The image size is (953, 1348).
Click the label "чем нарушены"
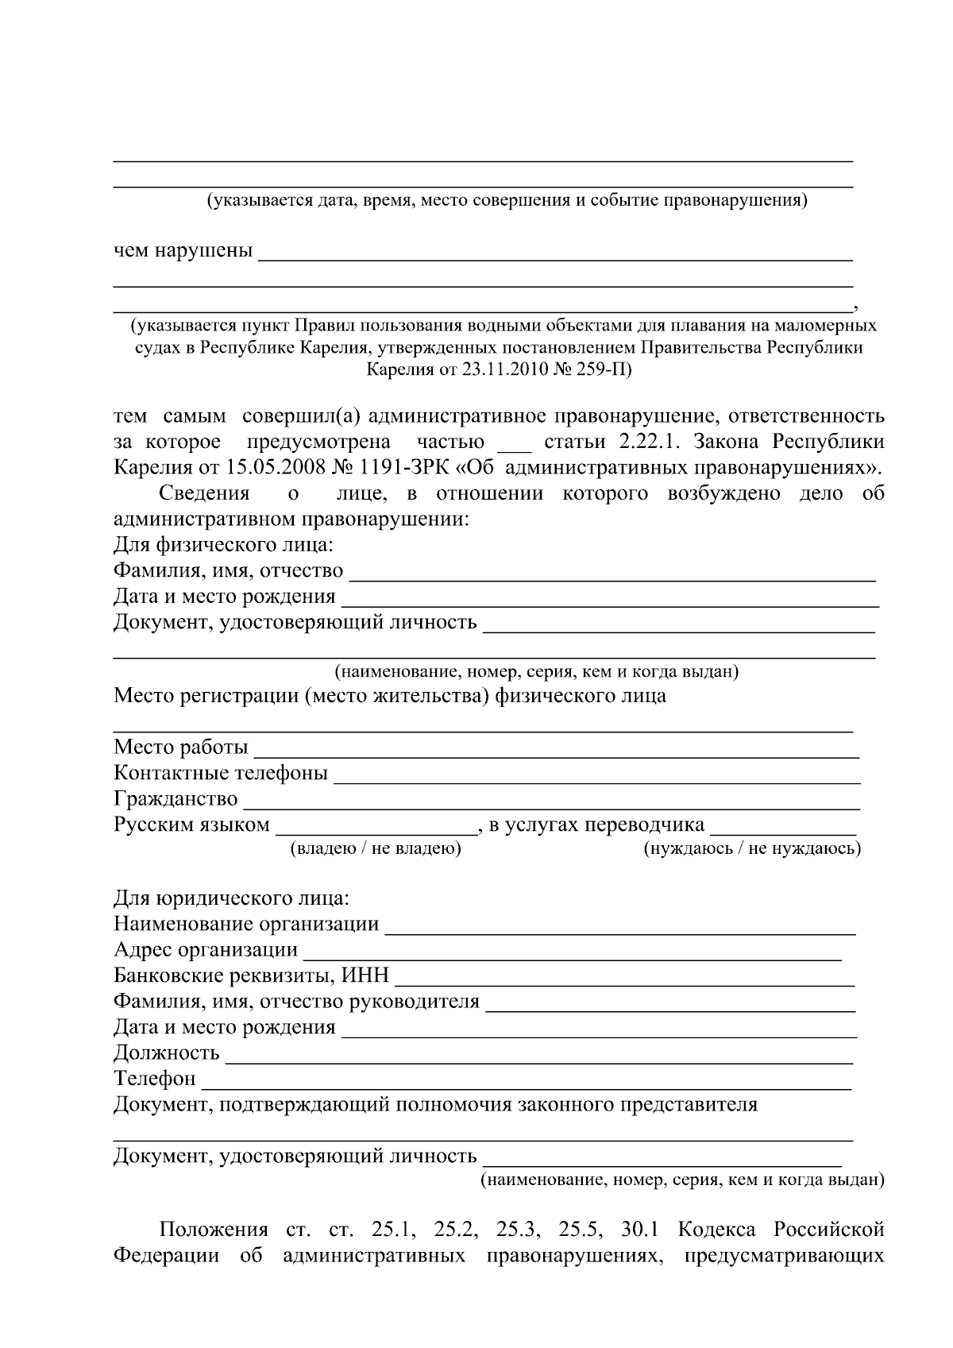click(183, 251)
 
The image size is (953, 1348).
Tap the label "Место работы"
click(181, 747)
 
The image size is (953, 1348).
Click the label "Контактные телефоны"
click(221, 772)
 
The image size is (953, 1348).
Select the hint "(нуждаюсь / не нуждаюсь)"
click(751, 848)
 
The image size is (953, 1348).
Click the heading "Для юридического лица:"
click(231, 898)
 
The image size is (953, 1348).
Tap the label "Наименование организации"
click(246, 924)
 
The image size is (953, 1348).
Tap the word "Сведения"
click(204, 493)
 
